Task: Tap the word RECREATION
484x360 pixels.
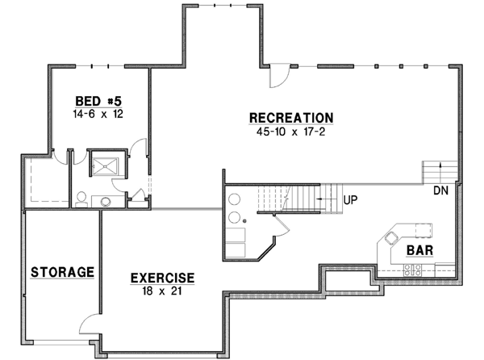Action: point(291,118)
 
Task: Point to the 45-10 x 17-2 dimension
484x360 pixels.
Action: point(291,132)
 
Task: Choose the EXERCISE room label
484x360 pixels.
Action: point(162,278)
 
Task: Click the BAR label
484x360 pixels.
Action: point(419,250)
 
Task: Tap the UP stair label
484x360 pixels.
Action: point(350,197)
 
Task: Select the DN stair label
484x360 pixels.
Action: point(441,190)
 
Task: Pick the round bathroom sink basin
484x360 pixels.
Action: point(106,200)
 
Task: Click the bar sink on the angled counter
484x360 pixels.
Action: point(391,237)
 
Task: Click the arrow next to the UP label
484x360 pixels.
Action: point(326,196)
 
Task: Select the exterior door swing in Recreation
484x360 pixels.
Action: point(277,75)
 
